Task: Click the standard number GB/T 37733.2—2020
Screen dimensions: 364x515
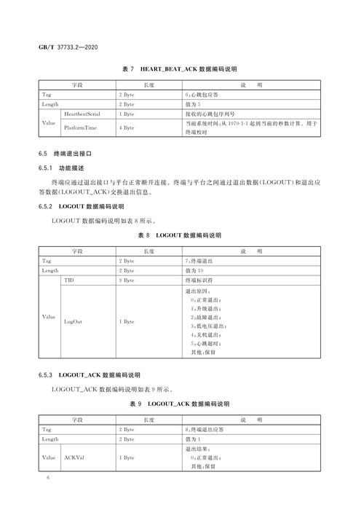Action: pos(68,47)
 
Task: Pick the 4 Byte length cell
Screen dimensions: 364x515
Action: pos(127,127)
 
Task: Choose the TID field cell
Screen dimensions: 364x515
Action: pos(69,279)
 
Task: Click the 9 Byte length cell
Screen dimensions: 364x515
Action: pos(127,279)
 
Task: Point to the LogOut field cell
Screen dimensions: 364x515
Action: pos(73,321)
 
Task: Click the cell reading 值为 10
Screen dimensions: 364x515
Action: pos(197,270)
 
